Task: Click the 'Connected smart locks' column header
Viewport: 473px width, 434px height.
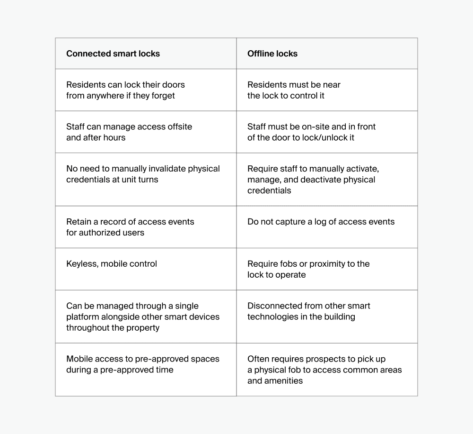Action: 113,54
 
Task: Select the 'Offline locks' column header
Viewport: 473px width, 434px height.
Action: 272,54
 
